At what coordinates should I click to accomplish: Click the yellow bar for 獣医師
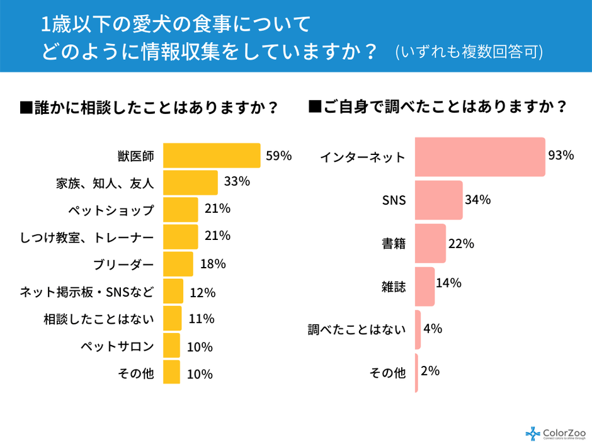(x=212, y=156)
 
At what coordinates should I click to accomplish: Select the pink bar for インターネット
(x=480, y=157)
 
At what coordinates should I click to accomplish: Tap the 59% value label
(x=278, y=156)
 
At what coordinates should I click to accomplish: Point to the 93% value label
(x=561, y=156)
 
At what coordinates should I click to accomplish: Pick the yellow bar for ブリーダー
(x=178, y=264)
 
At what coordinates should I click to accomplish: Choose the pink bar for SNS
(x=439, y=200)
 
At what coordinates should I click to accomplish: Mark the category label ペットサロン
(x=117, y=346)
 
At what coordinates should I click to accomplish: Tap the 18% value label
(x=213, y=264)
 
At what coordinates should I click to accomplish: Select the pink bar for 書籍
(x=431, y=243)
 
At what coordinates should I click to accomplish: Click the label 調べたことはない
(x=356, y=329)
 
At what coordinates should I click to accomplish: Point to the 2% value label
(x=430, y=371)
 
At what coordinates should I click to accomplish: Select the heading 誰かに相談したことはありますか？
(x=150, y=108)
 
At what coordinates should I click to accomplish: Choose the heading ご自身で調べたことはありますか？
(x=438, y=107)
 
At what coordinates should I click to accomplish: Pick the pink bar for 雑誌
(x=425, y=287)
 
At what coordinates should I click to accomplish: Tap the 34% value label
(x=477, y=200)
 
